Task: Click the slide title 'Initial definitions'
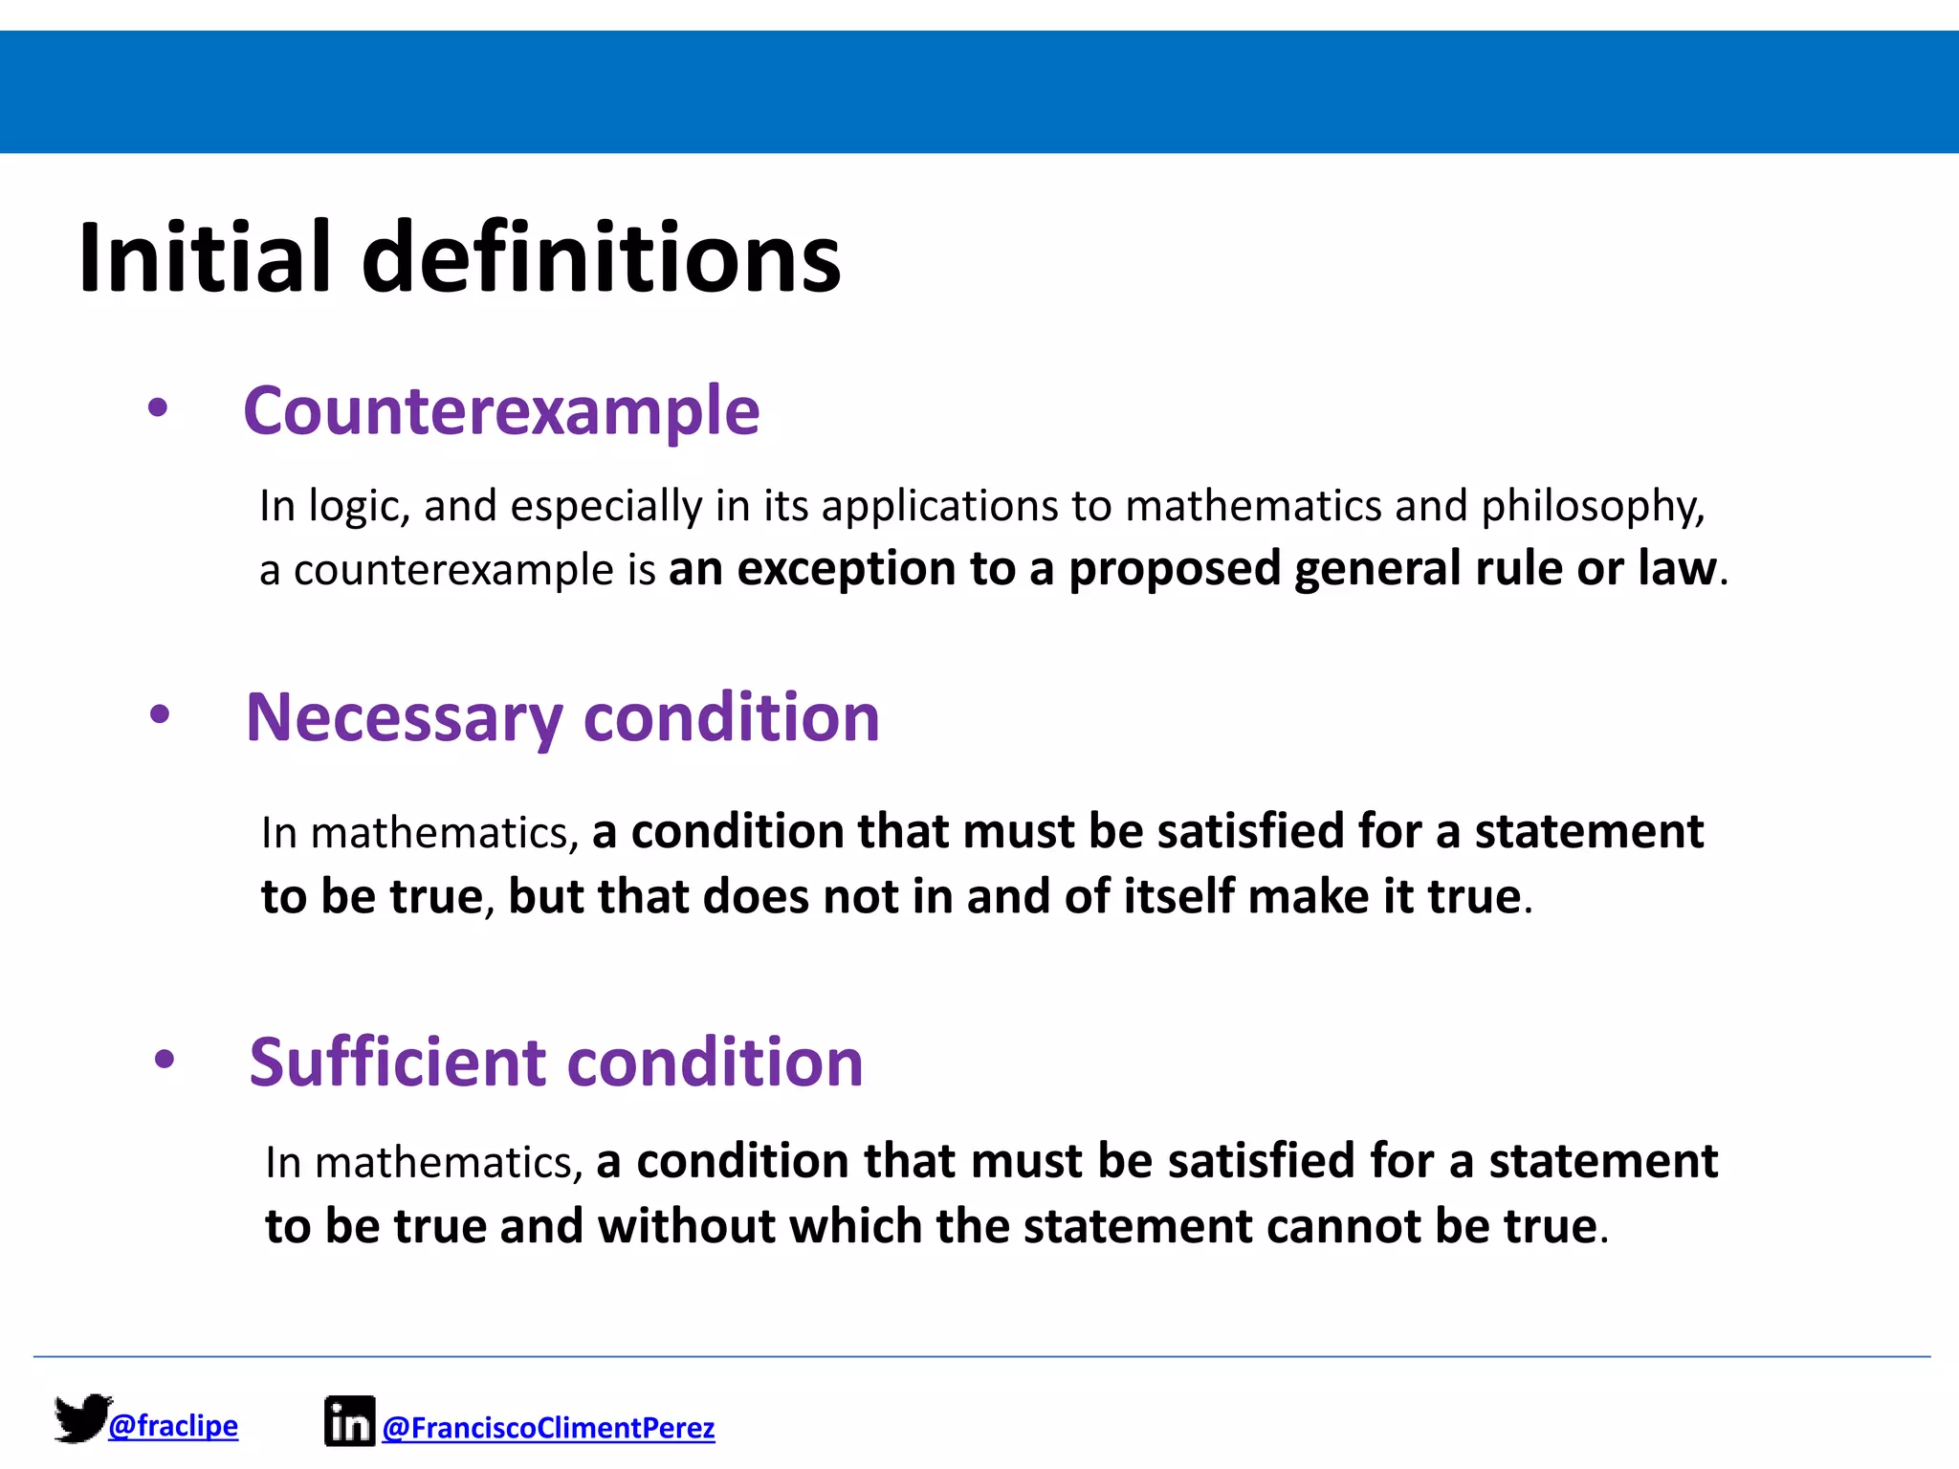pyautogui.click(x=459, y=258)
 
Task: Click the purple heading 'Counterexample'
pyautogui.click(x=501, y=411)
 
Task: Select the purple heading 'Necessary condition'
pyautogui.click(x=562, y=717)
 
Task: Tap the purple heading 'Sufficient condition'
pyautogui.click(x=556, y=1063)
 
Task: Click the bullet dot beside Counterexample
pyautogui.click(x=158, y=409)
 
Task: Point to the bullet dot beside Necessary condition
pyautogui.click(x=160, y=714)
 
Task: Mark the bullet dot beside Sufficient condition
pyautogui.click(x=165, y=1059)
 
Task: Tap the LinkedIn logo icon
pyautogui.click(x=349, y=1421)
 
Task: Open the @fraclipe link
pyautogui.click(x=173, y=1426)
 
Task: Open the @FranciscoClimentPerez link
pyautogui.click(x=548, y=1428)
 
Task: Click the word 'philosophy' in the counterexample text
pyautogui.click(x=1592, y=507)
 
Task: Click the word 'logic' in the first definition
pyautogui.click(x=359, y=507)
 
